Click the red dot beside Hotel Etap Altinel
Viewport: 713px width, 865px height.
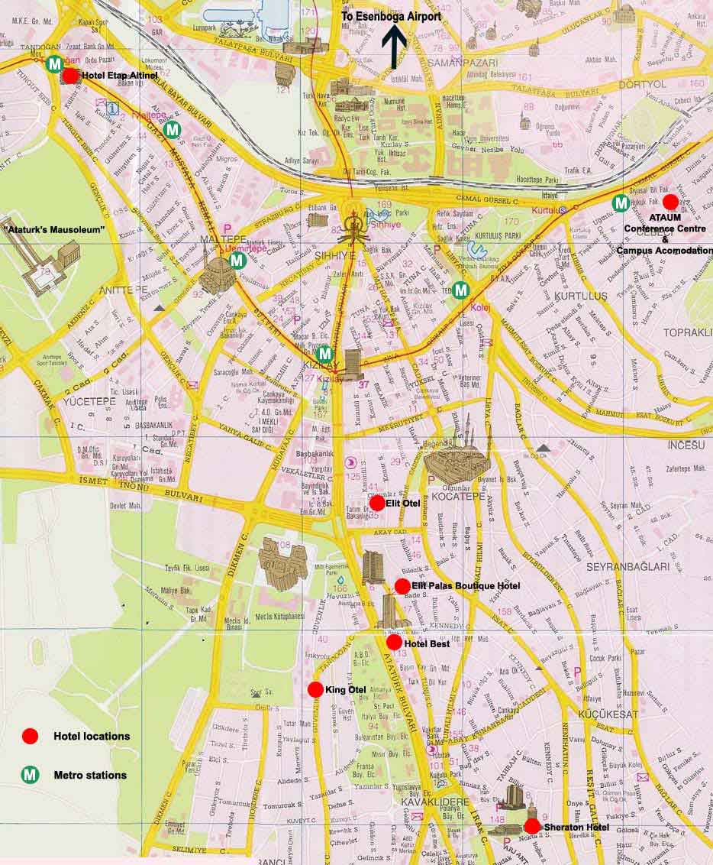(70, 76)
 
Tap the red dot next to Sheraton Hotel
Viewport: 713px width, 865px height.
(532, 826)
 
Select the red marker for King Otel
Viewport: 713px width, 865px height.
(315, 689)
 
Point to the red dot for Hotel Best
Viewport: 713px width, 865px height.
(394, 643)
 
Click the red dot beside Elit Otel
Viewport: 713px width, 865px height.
(377, 503)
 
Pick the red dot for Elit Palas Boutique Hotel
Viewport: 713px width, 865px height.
(402, 586)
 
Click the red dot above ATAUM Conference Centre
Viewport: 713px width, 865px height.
(670, 202)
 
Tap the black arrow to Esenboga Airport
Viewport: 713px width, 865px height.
(394, 47)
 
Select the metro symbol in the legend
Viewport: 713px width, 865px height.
(30, 775)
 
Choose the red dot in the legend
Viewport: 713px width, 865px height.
(30, 736)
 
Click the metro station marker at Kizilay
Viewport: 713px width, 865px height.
(324, 353)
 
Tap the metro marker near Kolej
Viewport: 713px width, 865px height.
(460, 290)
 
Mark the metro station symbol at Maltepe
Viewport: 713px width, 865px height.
(237, 261)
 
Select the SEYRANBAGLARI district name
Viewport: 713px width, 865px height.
(628, 567)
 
